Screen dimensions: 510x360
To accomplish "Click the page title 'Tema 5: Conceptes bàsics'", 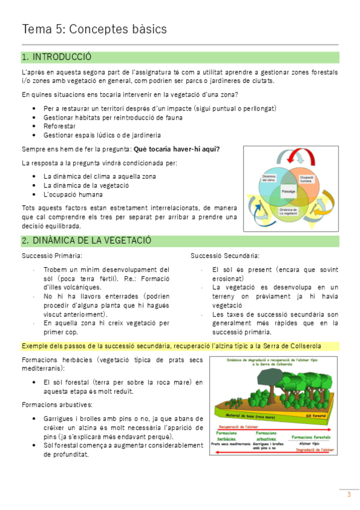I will [x=94, y=29].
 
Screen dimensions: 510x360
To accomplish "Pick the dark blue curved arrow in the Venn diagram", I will [x=258, y=210].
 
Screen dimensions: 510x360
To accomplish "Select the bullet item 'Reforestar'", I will [x=59, y=126].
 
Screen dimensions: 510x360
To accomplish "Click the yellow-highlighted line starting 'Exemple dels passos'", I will [x=171, y=346].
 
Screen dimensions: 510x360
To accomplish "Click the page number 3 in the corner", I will [x=349, y=495].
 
